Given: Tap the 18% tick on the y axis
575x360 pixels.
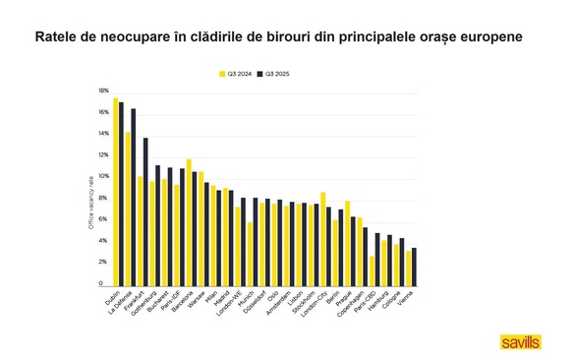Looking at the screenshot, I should coord(103,90).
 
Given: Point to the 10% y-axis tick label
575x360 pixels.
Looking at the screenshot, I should coord(103,176).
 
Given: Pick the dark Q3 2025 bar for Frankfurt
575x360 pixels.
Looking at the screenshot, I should coord(145,210).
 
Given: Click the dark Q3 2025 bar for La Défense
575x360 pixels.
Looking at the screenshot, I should coord(134,196).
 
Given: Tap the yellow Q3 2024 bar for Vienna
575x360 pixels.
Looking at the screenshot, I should coord(408,267).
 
